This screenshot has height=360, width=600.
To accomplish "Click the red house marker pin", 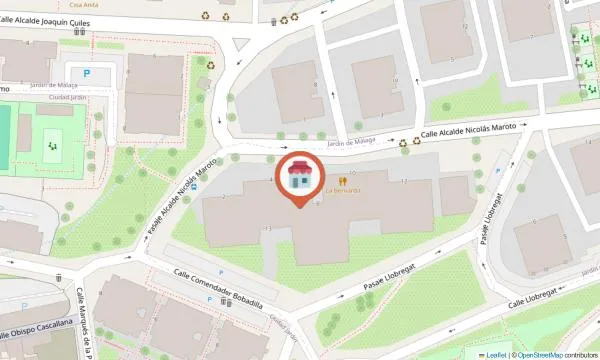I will tap(300, 178).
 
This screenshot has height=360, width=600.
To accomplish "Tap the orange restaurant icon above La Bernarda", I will tap(342, 180).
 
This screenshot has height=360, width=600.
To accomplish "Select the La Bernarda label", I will tap(342, 190).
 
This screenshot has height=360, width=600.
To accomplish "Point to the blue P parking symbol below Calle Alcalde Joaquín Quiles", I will tap(85, 73).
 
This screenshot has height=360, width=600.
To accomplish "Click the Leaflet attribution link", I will tap(492, 354).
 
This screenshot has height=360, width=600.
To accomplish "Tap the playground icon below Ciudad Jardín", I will tap(51, 147).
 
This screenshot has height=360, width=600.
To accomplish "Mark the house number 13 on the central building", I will tap(269, 229).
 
